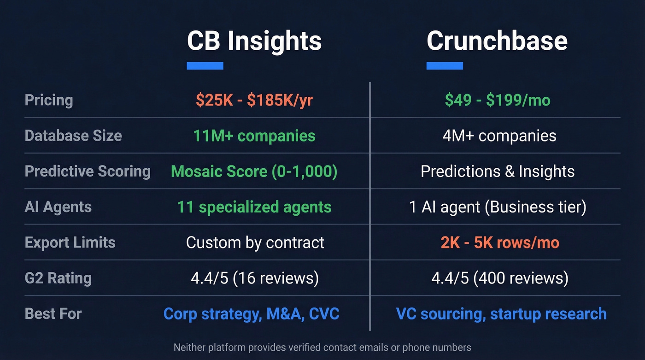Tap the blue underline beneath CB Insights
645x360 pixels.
click(205, 66)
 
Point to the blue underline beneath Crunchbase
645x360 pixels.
click(445, 66)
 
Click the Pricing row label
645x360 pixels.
click(49, 100)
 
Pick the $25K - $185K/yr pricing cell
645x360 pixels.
click(254, 100)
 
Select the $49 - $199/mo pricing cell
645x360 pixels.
click(498, 100)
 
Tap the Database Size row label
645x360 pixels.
click(73, 136)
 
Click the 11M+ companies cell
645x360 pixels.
click(254, 136)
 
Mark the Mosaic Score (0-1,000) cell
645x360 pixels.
click(254, 171)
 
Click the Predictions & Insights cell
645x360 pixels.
click(498, 171)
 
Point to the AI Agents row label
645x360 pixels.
click(58, 207)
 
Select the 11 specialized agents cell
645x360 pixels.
click(254, 207)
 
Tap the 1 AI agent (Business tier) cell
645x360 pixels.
click(498, 207)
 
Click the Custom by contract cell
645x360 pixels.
click(255, 242)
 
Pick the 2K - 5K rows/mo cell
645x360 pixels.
click(500, 242)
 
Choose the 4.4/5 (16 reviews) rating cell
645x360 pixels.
click(255, 278)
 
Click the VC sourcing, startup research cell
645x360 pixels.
click(501, 313)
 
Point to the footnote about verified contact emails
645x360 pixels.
click(322, 347)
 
